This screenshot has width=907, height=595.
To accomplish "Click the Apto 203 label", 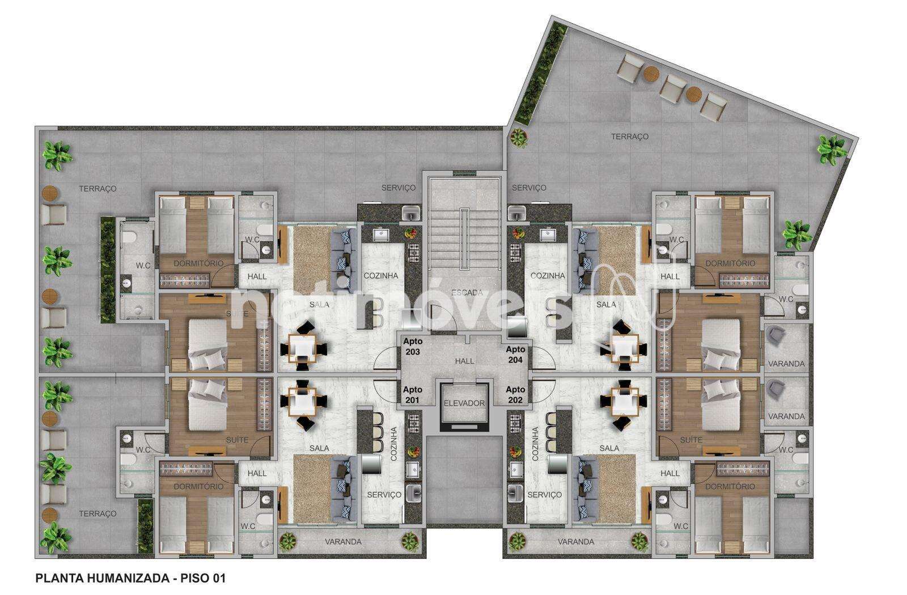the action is coord(413,346).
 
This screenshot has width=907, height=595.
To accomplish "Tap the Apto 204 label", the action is coord(515,354).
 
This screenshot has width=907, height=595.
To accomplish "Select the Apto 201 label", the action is coord(413,394).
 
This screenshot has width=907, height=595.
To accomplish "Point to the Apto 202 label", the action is coord(515,394).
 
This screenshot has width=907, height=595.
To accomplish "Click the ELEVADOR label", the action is coord(464,403).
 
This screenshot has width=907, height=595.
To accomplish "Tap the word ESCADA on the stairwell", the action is coord(467,292).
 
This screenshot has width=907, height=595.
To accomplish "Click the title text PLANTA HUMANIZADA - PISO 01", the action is coord(130,578).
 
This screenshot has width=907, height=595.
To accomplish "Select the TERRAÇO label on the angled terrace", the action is coord(630,137).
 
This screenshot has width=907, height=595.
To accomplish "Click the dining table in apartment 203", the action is coord(303,347).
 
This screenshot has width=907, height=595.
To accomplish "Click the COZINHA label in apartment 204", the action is coord(548,275).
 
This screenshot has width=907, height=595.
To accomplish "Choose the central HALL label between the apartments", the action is coord(464,360).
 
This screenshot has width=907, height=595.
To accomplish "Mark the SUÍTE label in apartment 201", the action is coord(238,440).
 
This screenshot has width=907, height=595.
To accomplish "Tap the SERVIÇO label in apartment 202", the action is coord(545,495).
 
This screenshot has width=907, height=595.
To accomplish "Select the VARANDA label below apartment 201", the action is coord(343,542).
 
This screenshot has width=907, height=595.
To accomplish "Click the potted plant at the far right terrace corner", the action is coord(833,150).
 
